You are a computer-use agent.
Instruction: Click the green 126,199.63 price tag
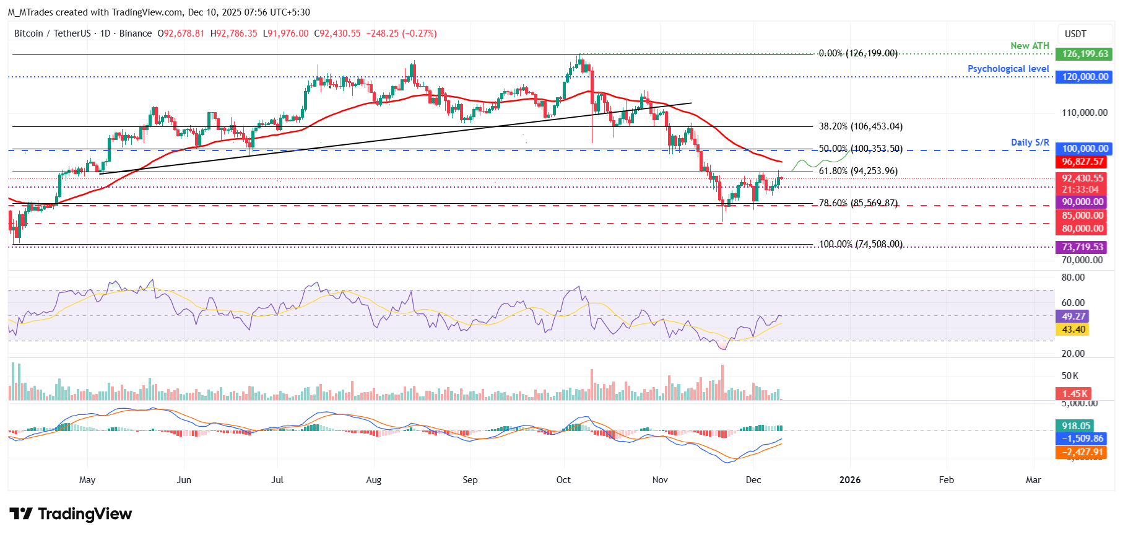pyautogui.click(x=1084, y=54)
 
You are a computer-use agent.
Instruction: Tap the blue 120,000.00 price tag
pyautogui.click(x=1084, y=77)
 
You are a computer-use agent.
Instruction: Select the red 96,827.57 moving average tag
pyautogui.click(x=1082, y=162)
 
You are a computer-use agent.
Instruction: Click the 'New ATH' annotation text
pyautogui.click(x=1030, y=46)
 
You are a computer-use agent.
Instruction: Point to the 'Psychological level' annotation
pyautogui.click(x=1008, y=69)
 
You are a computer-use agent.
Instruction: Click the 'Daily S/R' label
pyautogui.click(x=1030, y=142)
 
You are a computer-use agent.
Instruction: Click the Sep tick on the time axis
pyautogui.click(x=470, y=480)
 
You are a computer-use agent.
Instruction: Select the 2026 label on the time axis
pyautogui.click(x=849, y=480)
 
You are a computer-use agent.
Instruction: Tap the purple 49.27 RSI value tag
pyautogui.click(x=1073, y=317)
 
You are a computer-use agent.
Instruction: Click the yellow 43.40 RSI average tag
pyautogui.click(x=1073, y=330)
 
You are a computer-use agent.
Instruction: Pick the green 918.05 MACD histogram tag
pyautogui.click(x=1075, y=426)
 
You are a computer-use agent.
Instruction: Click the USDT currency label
pyautogui.click(x=1075, y=34)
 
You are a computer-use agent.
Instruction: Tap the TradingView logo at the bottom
pyautogui.click(x=71, y=514)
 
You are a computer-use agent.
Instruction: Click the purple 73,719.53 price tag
pyautogui.click(x=1082, y=247)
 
